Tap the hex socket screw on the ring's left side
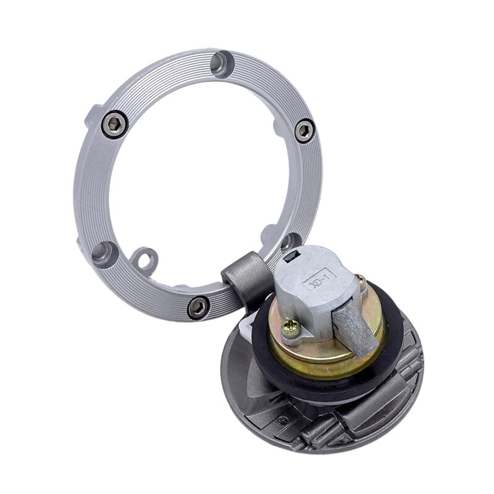point(115,124)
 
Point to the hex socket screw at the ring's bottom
point(198,306)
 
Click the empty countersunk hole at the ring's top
point(223,65)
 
